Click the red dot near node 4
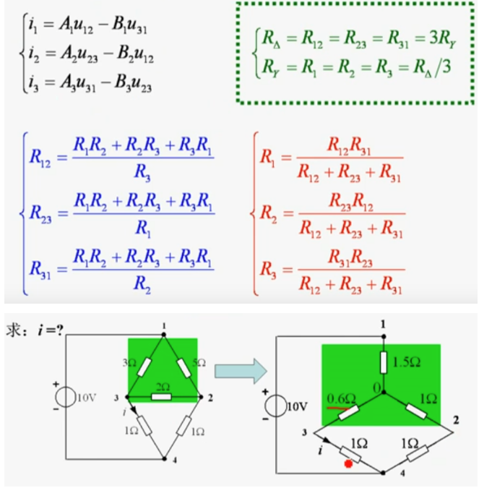(x=349, y=463)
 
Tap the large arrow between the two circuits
(x=240, y=369)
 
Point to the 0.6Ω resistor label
(x=340, y=398)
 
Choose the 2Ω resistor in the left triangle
(x=163, y=396)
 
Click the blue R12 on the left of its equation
(x=40, y=155)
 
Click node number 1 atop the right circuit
(x=382, y=322)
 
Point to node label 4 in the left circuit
(x=168, y=460)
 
